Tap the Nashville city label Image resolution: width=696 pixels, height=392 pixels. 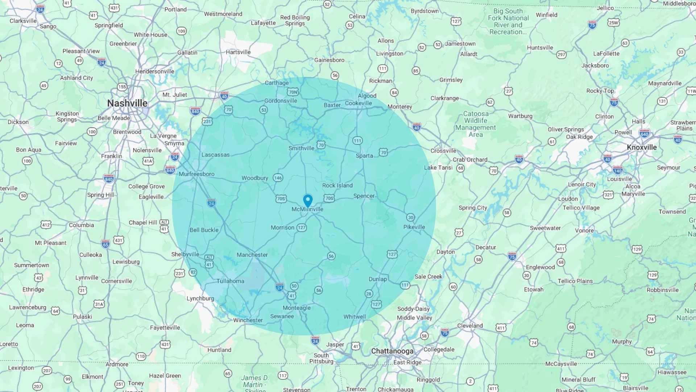pos(127,103)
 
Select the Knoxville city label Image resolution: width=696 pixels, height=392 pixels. pos(642,147)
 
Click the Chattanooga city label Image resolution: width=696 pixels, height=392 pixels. pos(392,351)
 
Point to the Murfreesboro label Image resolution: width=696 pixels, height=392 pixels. pos(196,174)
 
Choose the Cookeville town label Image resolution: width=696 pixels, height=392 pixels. pos(358,103)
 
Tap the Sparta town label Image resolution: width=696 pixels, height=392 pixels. pos(364,156)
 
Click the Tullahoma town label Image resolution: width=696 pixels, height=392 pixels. pos(230,281)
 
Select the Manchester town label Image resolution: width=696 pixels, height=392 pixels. pos(252,255)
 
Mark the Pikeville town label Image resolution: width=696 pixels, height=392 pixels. pos(414,227)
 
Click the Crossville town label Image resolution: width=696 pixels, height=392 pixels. pos(443,151)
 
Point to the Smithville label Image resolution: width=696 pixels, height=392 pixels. pos(301,148)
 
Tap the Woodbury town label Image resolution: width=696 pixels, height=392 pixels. pos(255,178)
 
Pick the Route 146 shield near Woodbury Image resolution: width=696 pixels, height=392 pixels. pos(278,178)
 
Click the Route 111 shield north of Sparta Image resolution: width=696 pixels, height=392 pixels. pos(357,141)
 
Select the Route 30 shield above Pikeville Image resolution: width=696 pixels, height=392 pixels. pos(410,217)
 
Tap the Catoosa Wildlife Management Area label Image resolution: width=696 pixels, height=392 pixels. pos(476,124)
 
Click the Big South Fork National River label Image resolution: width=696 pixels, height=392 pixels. pos(508,21)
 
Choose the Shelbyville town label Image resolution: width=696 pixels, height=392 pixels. pos(185,254)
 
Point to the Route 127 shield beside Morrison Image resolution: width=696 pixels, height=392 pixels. pos(302,228)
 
